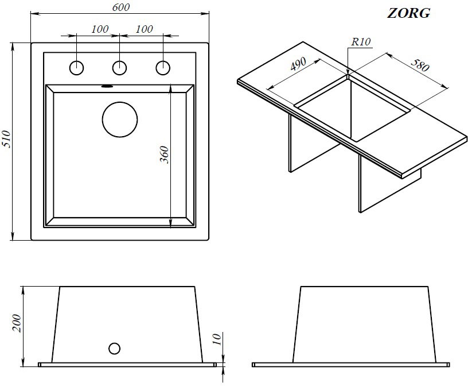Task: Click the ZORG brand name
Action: click(408, 13)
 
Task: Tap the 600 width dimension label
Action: click(121, 7)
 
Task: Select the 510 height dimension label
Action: click(6, 139)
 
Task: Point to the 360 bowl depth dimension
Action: click(165, 155)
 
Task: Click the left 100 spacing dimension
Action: click(100, 29)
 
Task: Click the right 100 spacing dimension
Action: click(144, 29)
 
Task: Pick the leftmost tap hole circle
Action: click(76, 68)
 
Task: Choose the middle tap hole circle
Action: click(119, 68)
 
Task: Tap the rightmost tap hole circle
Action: click(163, 68)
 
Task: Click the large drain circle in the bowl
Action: click(120, 119)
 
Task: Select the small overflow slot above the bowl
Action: click(107, 86)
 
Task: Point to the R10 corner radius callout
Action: click(361, 41)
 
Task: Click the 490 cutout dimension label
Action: click(298, 64)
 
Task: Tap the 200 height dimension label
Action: click(17, 323)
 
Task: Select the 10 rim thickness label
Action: click(217, 339)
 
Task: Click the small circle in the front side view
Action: click(114, 349)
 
